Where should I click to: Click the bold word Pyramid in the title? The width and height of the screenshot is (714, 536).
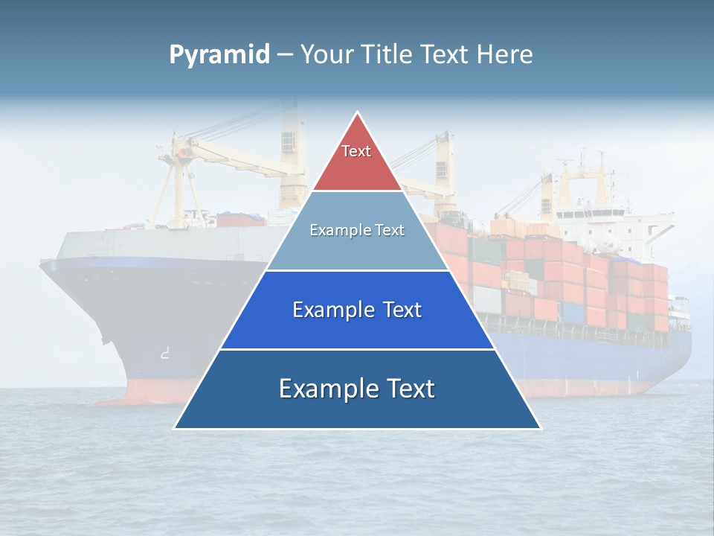click(x=219, y=55)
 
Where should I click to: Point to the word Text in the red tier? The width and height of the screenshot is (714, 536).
click(x=356, y=151)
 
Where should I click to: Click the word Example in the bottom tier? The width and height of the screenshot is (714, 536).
click(x=324, y=389)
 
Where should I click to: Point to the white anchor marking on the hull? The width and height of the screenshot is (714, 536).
click(x=164, y=354)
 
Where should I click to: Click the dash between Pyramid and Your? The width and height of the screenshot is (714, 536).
click(x=285, y=55)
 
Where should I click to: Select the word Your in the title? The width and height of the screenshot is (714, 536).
click(x=324, y=55)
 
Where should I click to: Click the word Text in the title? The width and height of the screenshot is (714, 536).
click(x=444, y=55)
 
